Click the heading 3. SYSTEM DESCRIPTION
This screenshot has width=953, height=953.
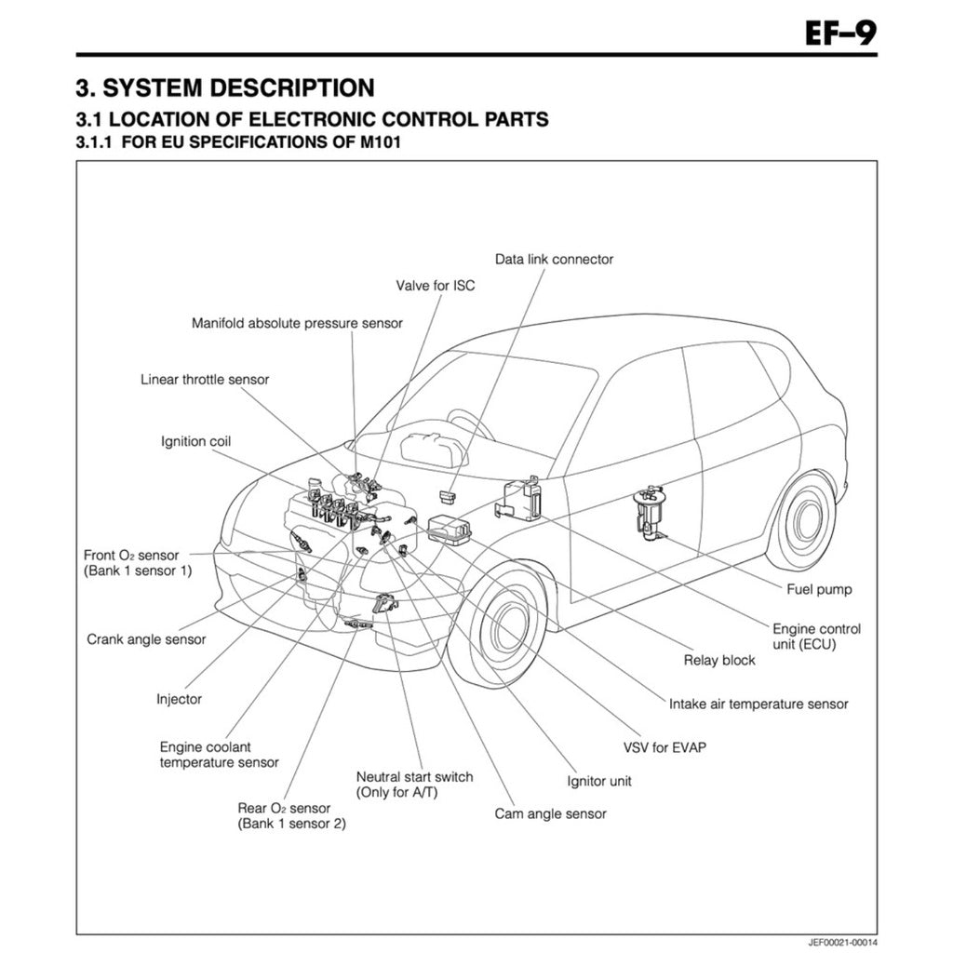(x=225, y=87)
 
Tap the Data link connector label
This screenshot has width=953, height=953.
(x=554, y=259)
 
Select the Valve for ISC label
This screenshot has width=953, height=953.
(x=435, y=286)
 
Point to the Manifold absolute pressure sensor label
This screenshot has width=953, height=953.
(x=297, y=323)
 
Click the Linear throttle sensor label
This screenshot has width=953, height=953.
(x=205, y=380)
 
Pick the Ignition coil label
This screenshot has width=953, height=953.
(x=195, y=441)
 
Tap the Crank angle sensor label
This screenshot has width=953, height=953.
(x=146, y=639)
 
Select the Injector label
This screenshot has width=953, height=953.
(x=179, y=699)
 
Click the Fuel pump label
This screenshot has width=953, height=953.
(x=819, y=589)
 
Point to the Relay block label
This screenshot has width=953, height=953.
(x=719, y=660)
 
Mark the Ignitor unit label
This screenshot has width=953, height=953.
(x=599, y=781)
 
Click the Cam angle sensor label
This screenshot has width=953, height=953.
(x=550, y=813)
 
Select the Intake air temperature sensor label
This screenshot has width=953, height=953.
(x=758, y=705)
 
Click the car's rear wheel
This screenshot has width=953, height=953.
(x=800, y=521)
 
